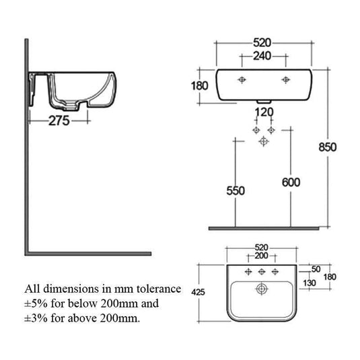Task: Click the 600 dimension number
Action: pyautogui.click(x=291, y=182)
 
